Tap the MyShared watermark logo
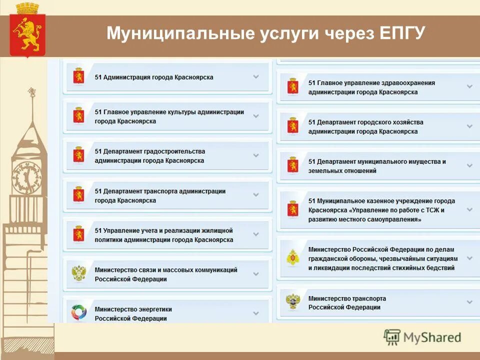point(422,337)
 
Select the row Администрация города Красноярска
point(154,77)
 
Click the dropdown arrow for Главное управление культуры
point(256,116)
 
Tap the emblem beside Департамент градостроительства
point(78,155)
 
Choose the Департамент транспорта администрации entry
point(160,195)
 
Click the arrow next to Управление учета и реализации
point(256,234)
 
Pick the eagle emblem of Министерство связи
point(78,273)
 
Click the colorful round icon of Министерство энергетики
point(78,312)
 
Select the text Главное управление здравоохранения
point(371,83)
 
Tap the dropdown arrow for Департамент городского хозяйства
point(469,126)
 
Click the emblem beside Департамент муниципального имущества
point(292,165)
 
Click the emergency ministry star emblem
point(292,258)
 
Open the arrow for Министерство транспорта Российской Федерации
point(469,302)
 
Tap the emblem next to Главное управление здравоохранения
point(292,87)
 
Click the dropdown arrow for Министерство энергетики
point(256,313)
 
